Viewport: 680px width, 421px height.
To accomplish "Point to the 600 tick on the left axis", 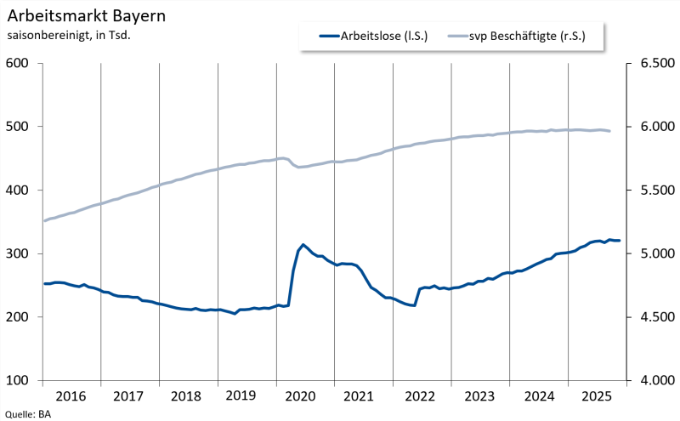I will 18,64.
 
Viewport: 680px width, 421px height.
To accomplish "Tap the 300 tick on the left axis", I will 18,253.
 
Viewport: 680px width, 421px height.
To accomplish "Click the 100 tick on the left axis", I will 18,380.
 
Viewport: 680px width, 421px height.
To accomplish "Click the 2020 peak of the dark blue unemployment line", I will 303,244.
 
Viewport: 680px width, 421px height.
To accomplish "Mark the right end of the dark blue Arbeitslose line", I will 620,241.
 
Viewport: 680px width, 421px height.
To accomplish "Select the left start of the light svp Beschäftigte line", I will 44,220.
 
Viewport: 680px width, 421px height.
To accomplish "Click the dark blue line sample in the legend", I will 328,36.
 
